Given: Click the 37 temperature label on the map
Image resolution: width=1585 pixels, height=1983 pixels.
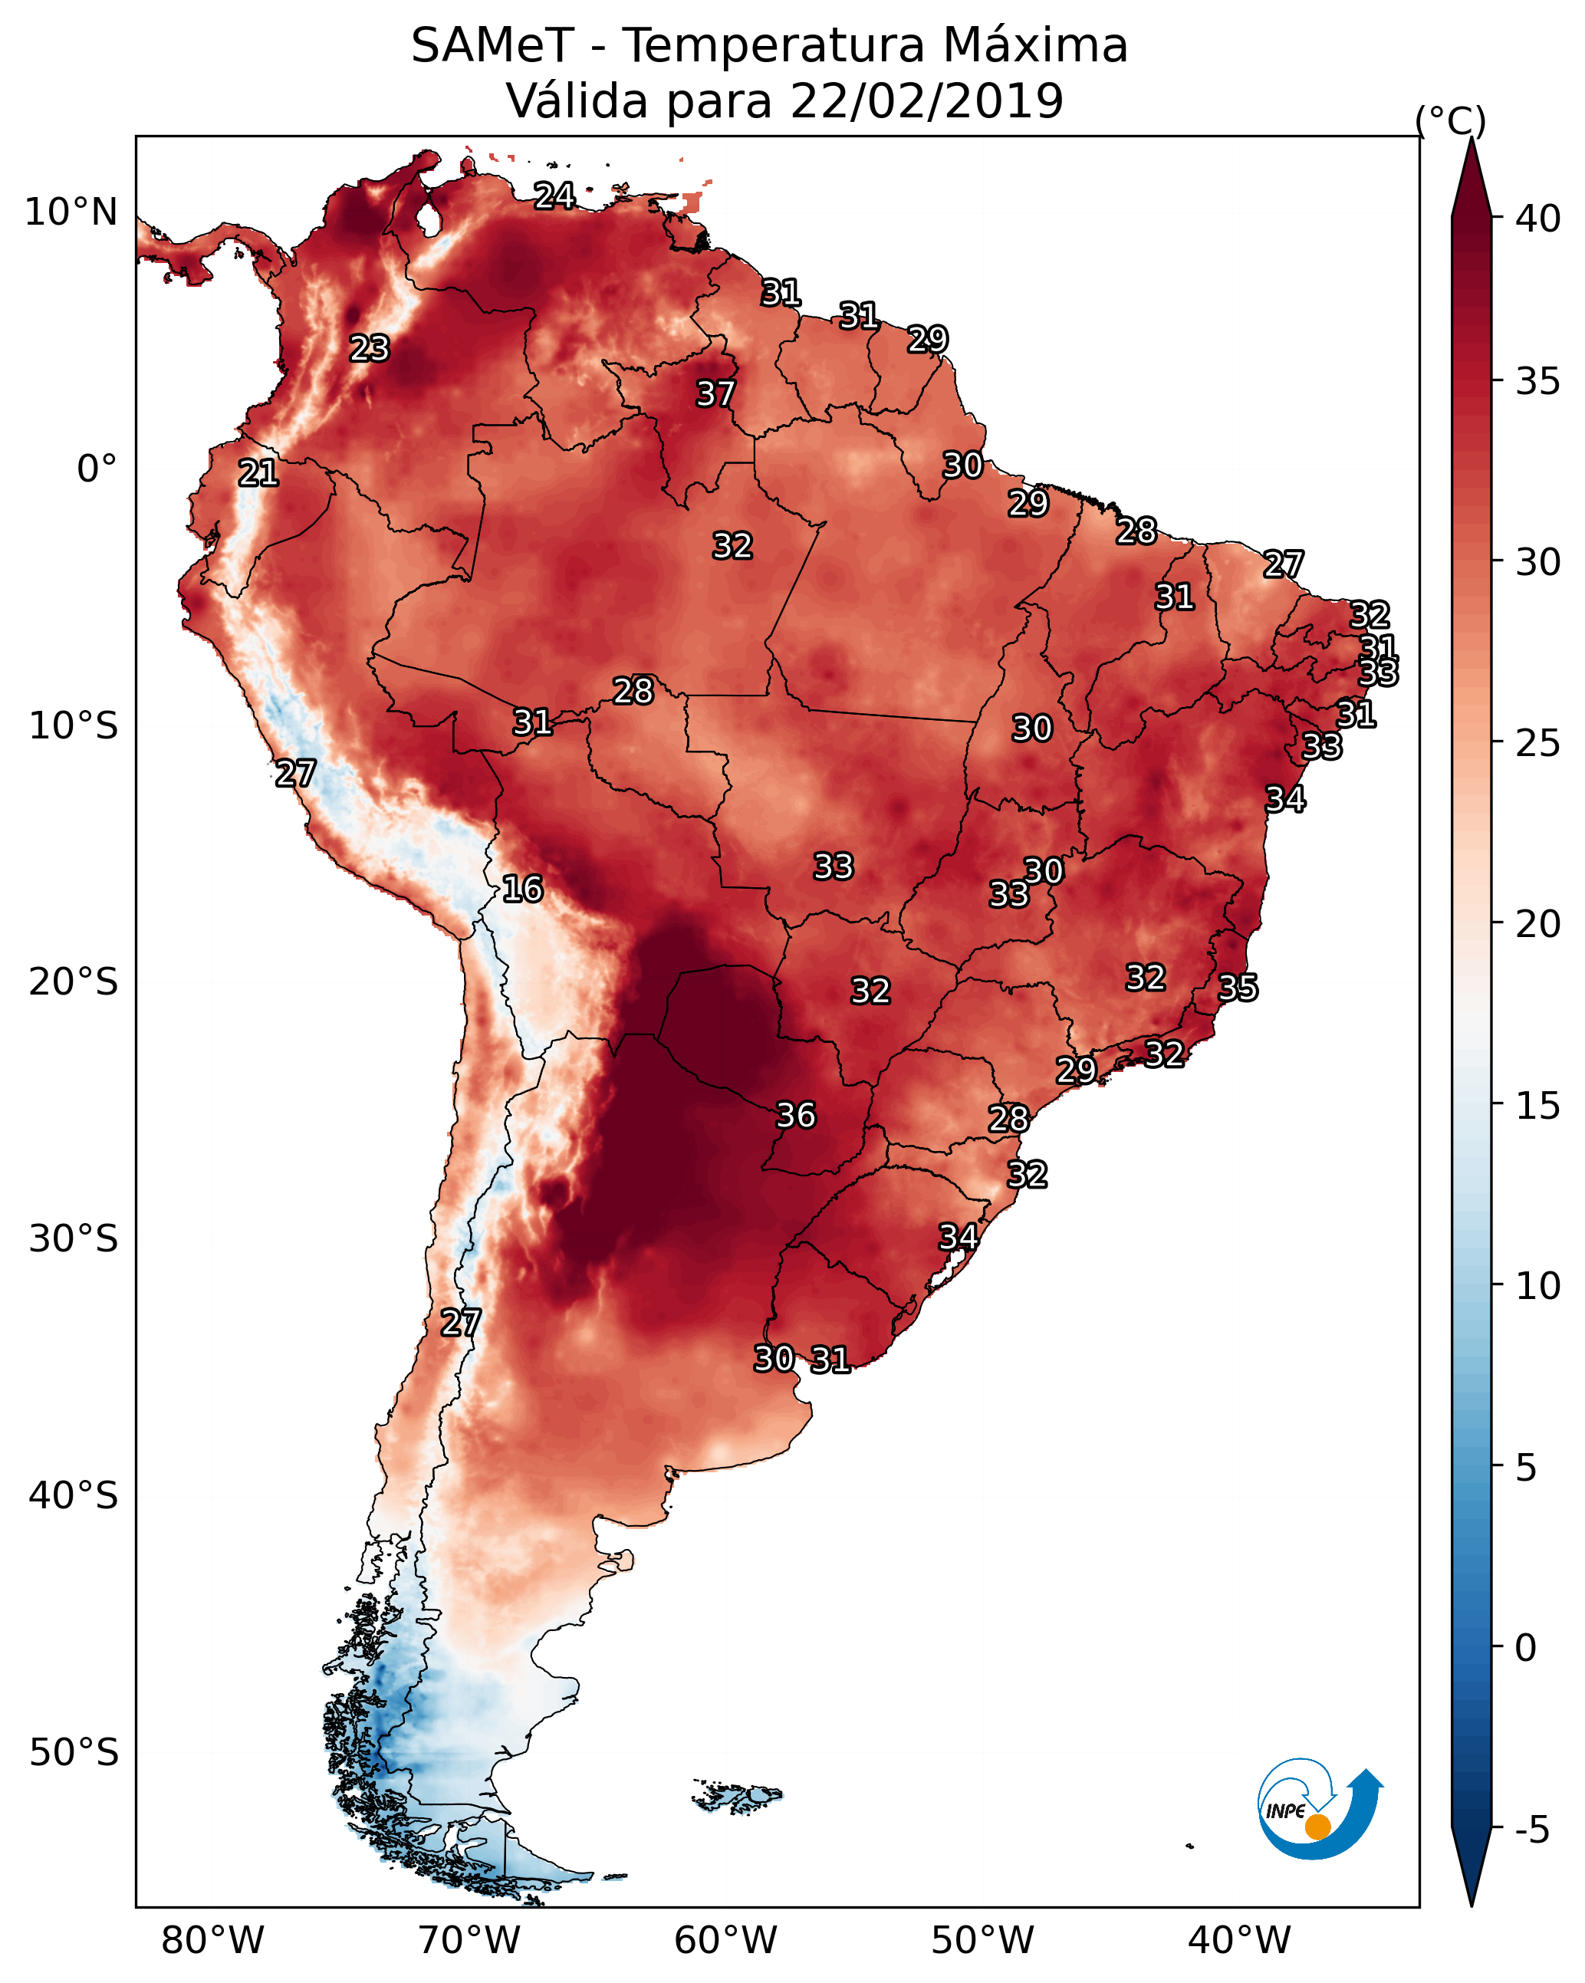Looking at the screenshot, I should (x=715, y=393).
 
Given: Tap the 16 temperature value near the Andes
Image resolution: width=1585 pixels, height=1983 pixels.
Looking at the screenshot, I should (x=522, y=889).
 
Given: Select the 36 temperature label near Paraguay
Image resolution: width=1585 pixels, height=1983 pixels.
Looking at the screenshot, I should (x=796, y=1115).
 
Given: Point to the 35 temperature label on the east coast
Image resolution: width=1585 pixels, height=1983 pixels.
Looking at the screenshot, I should (x=1238, y=988).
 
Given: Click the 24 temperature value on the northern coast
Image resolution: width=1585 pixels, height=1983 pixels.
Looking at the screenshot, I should (x=554, y=195).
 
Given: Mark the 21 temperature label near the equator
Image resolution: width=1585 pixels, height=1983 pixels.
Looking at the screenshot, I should (x=258, y=473).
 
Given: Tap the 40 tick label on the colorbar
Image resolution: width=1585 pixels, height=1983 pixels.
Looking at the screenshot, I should (x=1538, y=219).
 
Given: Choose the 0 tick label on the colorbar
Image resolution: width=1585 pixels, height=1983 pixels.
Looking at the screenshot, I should (x=1525, y=1647).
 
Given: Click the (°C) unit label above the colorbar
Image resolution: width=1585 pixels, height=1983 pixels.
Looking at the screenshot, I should (x=1450, y=120).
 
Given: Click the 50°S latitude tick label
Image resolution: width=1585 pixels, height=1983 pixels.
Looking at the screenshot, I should (x=74, y=1752).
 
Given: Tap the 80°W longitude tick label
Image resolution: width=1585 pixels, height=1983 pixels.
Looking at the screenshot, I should (x=212, y=1941).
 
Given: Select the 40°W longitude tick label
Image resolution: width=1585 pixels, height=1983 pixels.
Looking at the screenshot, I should (x=1238, y=1941).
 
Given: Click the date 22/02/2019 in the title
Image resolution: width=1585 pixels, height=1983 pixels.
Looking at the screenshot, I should (x=926, y=100).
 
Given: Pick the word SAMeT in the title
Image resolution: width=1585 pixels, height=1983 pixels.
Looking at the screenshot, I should (x=492, y=46).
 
